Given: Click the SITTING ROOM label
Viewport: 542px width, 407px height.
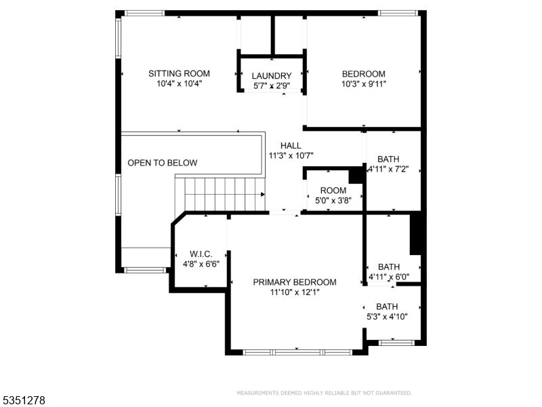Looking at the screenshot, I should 180,73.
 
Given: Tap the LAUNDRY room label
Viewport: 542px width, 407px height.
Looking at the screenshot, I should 272,76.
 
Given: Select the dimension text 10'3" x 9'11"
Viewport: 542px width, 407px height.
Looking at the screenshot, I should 364,84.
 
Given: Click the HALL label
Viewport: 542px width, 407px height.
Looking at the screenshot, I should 291,145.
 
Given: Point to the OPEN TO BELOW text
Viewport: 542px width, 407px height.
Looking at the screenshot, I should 163,163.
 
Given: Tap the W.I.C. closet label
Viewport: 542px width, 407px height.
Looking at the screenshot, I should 201,254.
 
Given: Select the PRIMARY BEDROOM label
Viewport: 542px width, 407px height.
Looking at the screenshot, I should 295,282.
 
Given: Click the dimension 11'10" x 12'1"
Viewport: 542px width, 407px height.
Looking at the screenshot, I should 295,292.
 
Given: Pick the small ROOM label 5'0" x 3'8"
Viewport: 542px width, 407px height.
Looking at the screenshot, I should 333,191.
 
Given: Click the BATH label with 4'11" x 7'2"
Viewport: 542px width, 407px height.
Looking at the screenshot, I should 389,158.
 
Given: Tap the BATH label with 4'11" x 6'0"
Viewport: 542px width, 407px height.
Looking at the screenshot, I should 389,267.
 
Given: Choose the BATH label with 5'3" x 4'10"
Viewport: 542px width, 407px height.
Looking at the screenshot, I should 387,306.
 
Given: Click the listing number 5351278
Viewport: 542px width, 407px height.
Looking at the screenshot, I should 23,400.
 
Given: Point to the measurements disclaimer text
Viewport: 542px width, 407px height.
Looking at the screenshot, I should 324,393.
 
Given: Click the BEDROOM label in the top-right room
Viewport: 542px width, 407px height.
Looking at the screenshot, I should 364,74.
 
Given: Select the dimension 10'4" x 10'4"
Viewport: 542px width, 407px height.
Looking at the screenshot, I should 180,83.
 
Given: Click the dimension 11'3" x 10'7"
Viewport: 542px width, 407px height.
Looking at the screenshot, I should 291,155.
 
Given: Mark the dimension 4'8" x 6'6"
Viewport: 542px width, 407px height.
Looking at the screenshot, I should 201,264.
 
